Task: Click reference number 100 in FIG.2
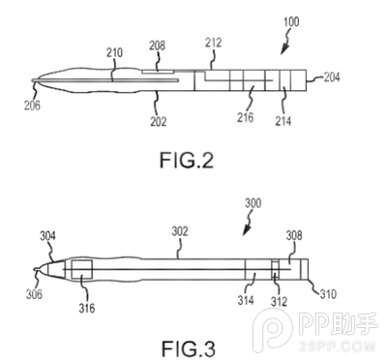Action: [290, 20]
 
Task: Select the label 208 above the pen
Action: [157, 45]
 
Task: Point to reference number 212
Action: [215, 42]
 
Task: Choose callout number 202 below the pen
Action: [157, 122]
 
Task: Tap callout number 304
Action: [46, 235]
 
